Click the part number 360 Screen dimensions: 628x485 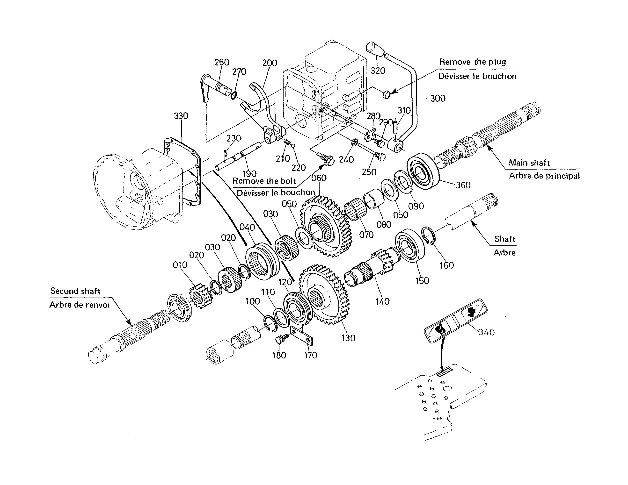pos(463,185)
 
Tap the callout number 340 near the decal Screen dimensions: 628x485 pos(487,332)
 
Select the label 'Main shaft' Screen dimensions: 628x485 pos(529,163)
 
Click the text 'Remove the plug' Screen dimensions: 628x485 pos(472,62)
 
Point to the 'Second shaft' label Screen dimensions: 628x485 pos(75,291)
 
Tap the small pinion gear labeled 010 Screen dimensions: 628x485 pos(200,296)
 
